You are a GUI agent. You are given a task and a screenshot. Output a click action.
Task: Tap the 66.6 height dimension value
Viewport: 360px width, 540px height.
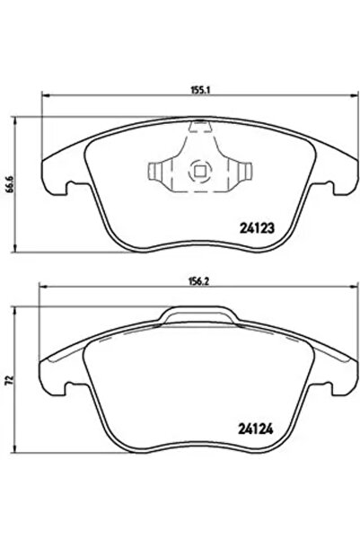tap(10, 183)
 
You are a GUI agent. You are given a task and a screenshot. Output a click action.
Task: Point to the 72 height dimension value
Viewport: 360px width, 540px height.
tap(10, 381)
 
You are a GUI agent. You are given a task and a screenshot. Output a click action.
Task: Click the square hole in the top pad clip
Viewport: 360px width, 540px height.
tap(199, 169)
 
